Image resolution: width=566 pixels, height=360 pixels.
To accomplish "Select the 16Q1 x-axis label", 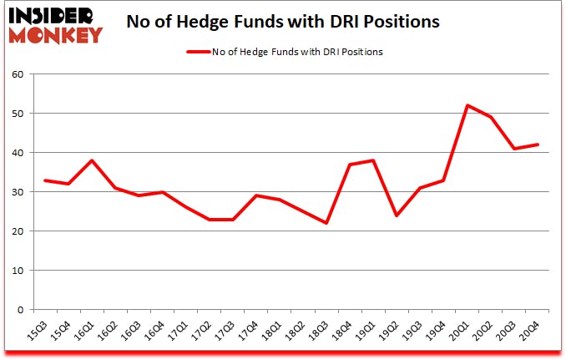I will pyautogui.click(x=86, y=332).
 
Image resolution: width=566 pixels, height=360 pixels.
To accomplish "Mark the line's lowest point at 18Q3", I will pyautogui.click(x=326, y=223).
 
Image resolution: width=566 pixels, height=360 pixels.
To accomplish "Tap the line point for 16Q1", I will pyautogui.click(x=91, y=160).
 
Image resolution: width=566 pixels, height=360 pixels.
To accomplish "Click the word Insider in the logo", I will pyautogui.click(x=56, y=13).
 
